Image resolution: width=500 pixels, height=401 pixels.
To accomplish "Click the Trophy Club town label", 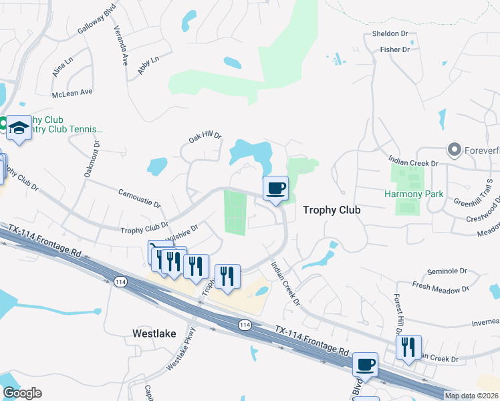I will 332,210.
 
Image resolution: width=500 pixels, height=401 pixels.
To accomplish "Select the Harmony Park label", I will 414,194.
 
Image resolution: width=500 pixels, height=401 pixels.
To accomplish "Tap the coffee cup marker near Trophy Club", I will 275,188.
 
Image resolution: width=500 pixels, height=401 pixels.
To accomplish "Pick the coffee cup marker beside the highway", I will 365,365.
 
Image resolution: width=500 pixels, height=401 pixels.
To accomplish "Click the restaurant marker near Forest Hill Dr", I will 408,348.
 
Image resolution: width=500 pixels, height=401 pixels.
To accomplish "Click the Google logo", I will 22,393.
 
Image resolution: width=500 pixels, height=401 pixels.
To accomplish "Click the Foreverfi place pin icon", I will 455,149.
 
